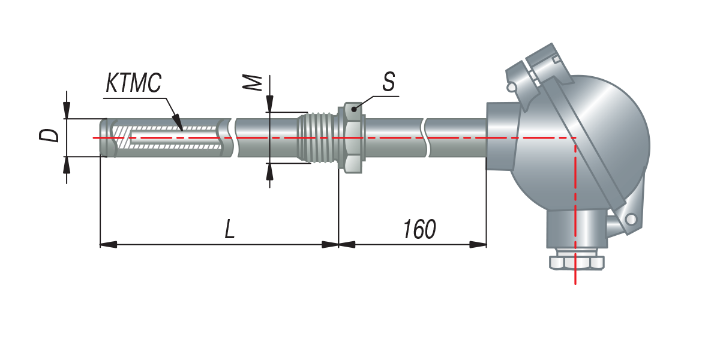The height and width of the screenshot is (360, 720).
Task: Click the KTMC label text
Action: coord(134,83)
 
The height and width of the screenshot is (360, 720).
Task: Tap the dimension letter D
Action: coord(49,136)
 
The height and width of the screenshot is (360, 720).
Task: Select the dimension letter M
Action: coord(252,83)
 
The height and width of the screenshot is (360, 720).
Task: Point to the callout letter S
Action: coord(389,82)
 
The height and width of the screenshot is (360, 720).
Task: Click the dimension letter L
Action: coord(229,229)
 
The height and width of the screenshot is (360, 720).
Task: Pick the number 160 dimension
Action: coord(419,229)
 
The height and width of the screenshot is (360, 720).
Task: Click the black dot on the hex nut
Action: coord(354,109)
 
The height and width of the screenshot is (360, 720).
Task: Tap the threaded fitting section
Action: coord(317,137)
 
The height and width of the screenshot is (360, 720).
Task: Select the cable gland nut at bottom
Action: coord(577,263)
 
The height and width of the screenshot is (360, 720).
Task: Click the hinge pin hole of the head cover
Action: coord(631,219)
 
